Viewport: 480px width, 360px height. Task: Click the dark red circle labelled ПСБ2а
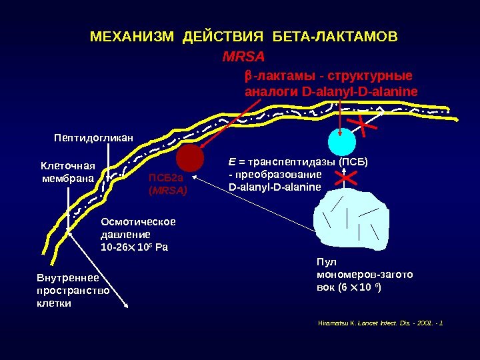(190, 159)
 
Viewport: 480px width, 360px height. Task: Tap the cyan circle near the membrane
(342, 141)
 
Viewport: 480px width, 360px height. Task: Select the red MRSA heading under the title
(243, 55)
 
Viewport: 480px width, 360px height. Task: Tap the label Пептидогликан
(93, 138)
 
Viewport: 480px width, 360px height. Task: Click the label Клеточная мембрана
(69, 171)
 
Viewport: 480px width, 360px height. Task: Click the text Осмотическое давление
(137, 228)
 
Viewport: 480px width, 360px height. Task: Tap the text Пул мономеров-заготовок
(364, 274)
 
